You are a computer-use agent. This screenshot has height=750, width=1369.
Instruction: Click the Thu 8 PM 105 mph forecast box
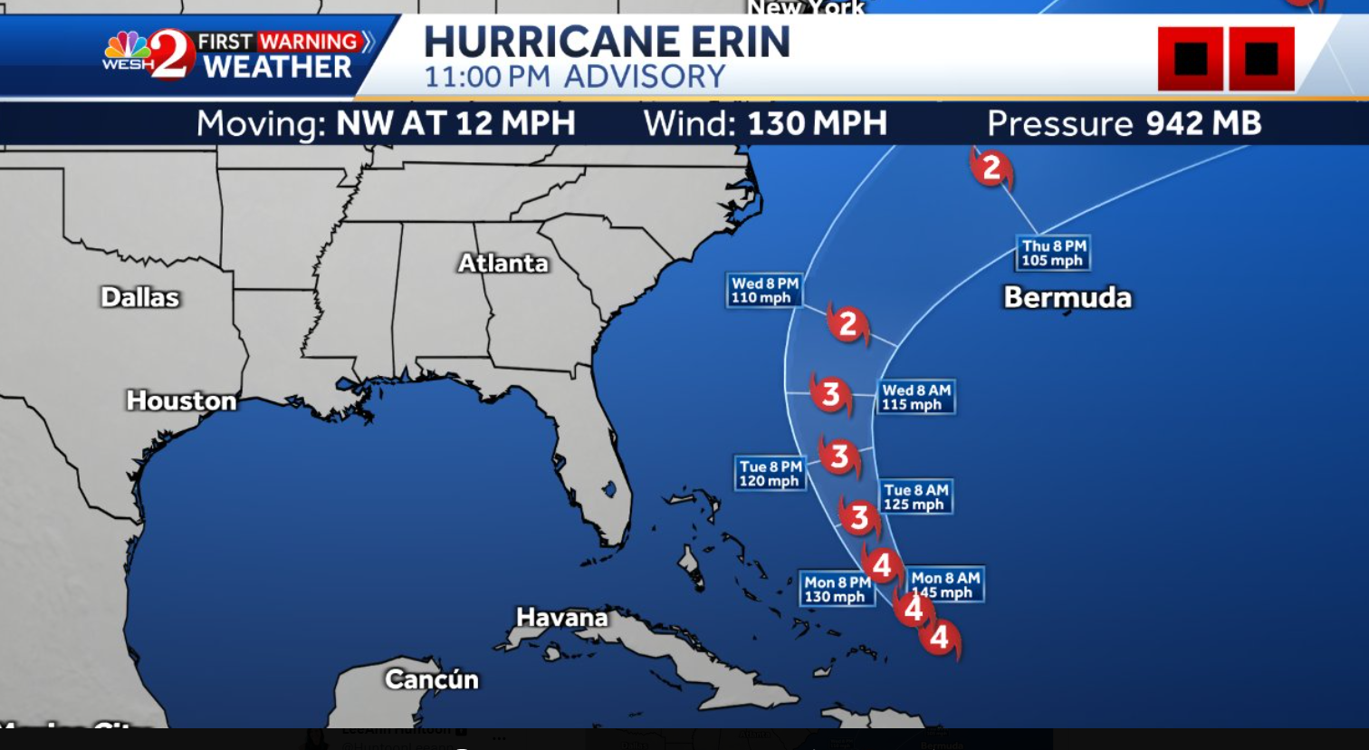pyautogui.click(x=1052, y=254)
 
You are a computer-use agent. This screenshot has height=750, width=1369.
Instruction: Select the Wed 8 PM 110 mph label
pyautogui.click(x=764, y=291)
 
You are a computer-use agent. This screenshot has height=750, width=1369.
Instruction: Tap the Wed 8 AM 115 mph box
pyautogui.click(x=915, y=398)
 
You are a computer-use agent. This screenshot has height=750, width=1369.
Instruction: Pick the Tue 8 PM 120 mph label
pyautogui.click(x=769, y=474)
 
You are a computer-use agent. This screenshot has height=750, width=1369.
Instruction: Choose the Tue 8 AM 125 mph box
pyautogui.click(x=914, y=497)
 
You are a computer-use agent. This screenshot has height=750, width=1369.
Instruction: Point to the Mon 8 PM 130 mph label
pyautogui.click(x=836, y=590)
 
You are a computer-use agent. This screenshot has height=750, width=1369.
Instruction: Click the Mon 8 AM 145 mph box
pyautogui.click(x=944, y=585)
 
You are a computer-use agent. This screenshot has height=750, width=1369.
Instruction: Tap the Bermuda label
pyautogui.click(x=1067, y=298)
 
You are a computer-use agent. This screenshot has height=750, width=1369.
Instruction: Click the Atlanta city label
pyautogui.click(x=503, y=264)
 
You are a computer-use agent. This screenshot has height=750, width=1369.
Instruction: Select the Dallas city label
pyautogui.click(x=140, y=297)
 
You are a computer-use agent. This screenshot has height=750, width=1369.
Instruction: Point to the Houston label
pyautogui.click(x=181, y=400)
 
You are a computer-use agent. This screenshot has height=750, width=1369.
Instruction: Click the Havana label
pyautogui.click(x=561, y=618)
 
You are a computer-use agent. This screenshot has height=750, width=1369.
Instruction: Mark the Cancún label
pyautogui.click(x=431, y=679)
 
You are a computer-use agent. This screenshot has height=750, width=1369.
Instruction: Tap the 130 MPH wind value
pyautogui.click(x=817, y=124)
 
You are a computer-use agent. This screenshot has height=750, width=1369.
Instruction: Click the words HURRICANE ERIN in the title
pyautogui.click(x=607, y=43)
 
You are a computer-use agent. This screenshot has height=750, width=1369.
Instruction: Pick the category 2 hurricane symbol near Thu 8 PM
pyautogui.click(x=991, y=168)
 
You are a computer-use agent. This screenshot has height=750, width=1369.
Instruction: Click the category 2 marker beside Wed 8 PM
pyautogui.click(x=847, y=324)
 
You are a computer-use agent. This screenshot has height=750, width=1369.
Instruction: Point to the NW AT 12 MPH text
pyautogui.click(x=455, y=124)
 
